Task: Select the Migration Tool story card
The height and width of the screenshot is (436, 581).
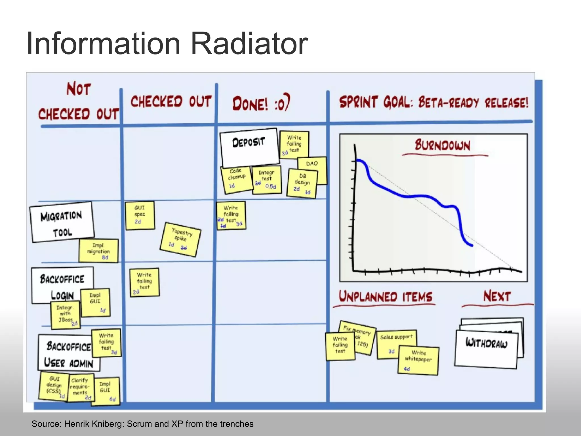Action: tap(62, 222)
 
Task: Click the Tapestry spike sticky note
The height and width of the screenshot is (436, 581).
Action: tap(180, 240)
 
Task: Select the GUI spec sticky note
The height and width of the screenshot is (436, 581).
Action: tap(140, 215)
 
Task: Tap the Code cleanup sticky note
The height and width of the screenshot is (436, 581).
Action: tap(236, 180)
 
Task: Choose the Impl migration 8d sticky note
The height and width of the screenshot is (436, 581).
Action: tap(98, 251)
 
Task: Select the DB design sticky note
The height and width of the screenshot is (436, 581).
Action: tap(302, 183)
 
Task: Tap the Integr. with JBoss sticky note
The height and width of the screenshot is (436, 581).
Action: tap(65, 315)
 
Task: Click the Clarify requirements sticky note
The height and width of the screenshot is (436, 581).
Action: tap(80, 388)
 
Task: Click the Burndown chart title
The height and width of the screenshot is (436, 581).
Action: tap(443, 145)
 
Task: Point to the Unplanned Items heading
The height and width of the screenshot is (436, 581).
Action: tap(386, 297)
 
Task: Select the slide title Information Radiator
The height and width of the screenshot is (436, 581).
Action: tap(167, 44)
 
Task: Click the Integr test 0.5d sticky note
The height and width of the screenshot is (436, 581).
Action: tap(267, 180)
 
